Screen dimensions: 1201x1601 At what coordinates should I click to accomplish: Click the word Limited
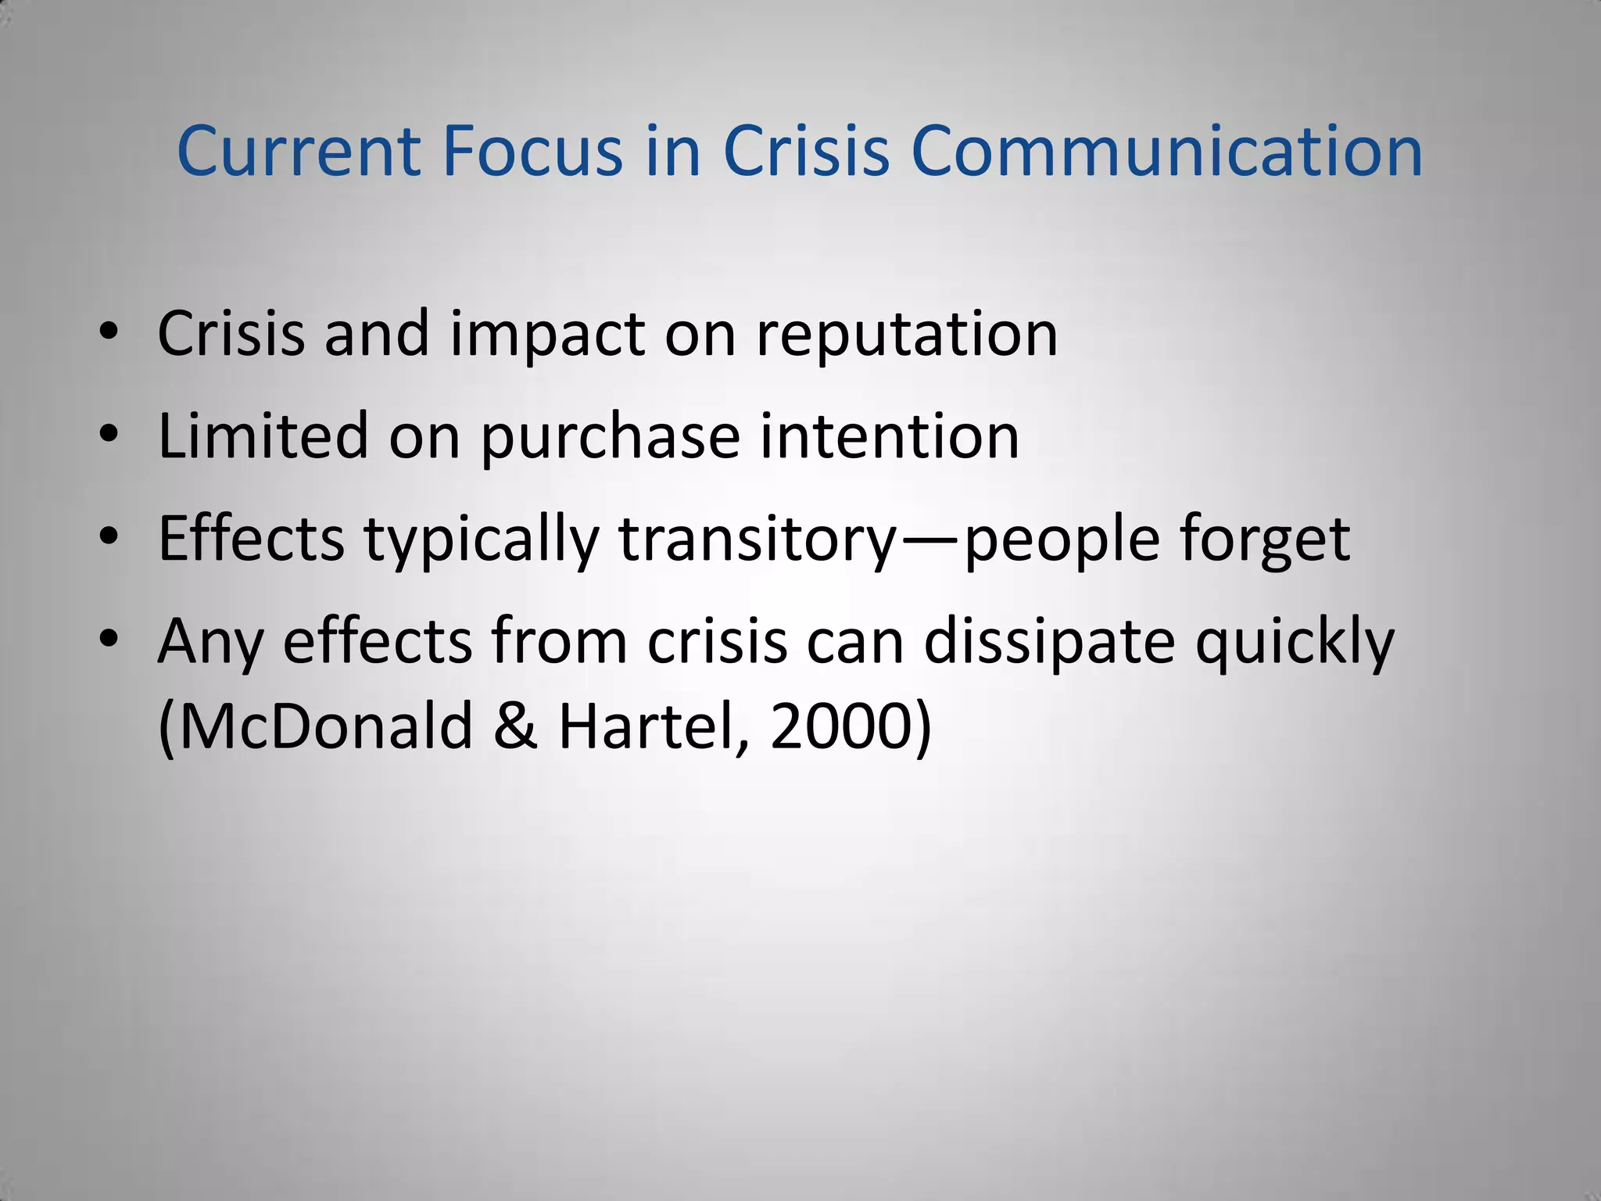263,436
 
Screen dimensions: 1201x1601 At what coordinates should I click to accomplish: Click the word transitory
758,540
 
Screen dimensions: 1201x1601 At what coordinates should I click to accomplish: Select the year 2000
841,726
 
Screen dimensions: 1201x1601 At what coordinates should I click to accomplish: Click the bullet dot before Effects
109,536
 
